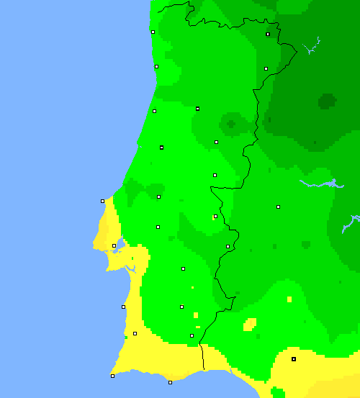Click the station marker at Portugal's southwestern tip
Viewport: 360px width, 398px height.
click(112, 376)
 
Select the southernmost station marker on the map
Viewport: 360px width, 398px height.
click(170, 382)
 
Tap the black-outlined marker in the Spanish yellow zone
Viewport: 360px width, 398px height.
click(294, 358)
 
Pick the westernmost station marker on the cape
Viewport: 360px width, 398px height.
click(102, 201)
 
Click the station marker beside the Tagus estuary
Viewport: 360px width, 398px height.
click(114, 245)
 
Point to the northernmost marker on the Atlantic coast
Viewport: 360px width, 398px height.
click(153, 32)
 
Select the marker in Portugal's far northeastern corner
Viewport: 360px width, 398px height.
click(268, 34)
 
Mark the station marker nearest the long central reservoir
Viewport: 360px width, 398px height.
click(278, 207)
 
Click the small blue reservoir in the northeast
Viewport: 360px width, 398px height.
click(312, 48)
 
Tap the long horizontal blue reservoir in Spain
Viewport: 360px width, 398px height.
click(320, 184)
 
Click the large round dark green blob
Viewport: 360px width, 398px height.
click(328, 101)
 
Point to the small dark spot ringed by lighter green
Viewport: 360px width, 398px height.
click(230, 125)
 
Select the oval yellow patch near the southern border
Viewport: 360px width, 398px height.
click(250, 324)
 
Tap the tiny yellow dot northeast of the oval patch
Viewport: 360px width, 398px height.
click(289, 299)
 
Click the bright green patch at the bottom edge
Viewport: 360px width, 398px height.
click(277, 392)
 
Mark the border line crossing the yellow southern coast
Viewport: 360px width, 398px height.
click(202, 357)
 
